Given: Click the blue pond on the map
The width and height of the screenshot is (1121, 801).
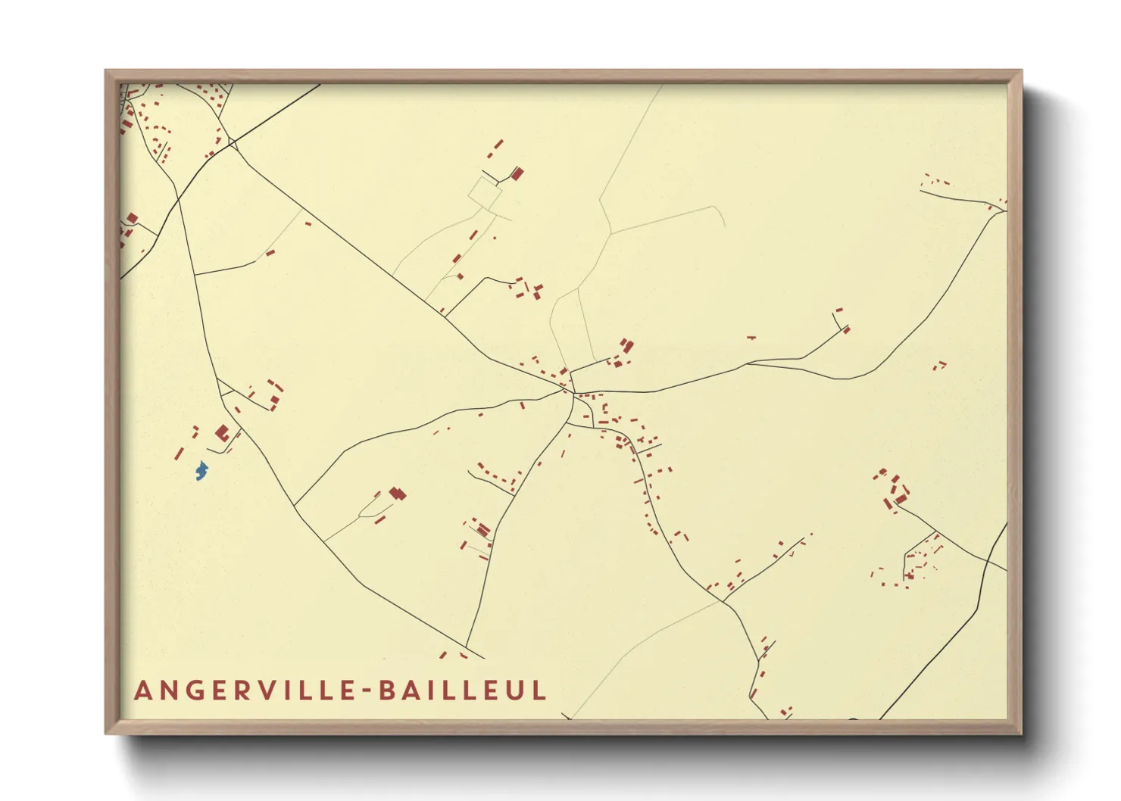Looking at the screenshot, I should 201,471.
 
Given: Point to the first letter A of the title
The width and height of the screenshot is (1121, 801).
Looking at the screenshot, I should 142,690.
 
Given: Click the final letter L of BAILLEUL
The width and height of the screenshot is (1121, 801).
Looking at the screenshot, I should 539,690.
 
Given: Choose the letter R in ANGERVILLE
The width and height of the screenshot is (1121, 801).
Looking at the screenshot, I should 238,690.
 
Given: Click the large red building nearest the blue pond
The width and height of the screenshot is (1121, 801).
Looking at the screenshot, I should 222,433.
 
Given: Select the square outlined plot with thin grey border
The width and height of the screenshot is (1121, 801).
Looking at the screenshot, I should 485,192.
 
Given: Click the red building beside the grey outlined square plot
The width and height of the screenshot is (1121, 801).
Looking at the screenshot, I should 517,174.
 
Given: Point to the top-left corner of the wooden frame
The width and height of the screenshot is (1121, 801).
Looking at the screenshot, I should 106,71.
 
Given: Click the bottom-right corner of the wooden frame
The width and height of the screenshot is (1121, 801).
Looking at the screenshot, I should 1021,733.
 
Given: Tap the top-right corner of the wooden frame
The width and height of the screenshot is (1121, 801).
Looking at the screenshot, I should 1021,71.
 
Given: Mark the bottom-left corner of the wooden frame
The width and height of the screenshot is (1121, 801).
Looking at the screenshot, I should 106,733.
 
